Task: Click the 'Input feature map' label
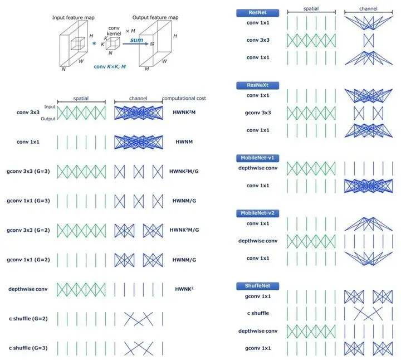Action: tap(74, 18)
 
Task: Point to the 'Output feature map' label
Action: tap(154, 18)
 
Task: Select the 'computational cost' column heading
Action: tap(184, 99)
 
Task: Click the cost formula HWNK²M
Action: tap(184, 112)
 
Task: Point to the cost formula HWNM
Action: tap(184, 142)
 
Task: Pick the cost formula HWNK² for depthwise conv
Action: tap(184, 289)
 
